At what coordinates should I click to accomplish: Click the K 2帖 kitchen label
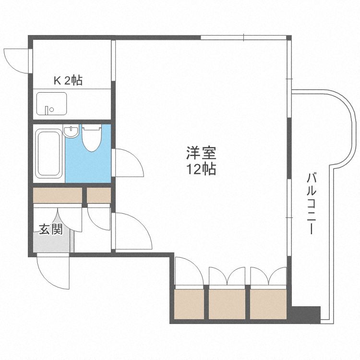pyautogui.click(x=68, y=81)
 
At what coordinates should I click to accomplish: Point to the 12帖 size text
pyautogui.click(x=201, y=169)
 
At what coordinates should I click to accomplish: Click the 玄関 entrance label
pyautogui.click(x=50, y=229)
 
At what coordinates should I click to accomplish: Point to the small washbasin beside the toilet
pyautogui.click(x=71, y=131)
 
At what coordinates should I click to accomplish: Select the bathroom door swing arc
pyautogui.click(x=129, y=163)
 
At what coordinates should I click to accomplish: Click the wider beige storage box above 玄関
pyautogui.click(x=58, y=195)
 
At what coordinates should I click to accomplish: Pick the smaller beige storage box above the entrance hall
pyautogui.click(x=99, y=195)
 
